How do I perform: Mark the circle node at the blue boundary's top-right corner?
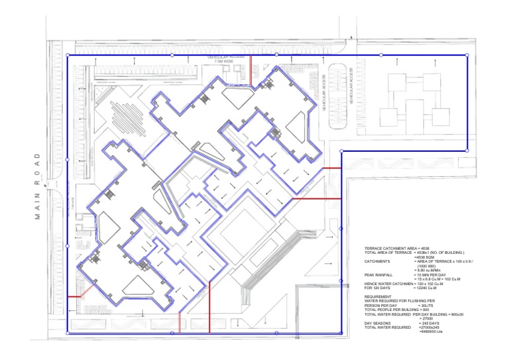[x=467, y=55]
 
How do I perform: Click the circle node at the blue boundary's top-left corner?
[x=67, y=55]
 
